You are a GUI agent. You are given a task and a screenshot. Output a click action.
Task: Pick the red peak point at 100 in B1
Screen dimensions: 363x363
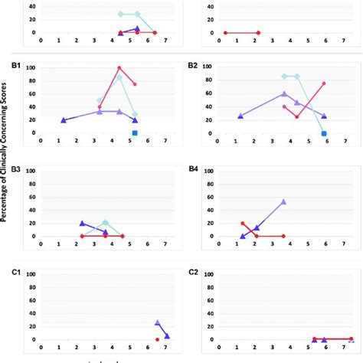pyautogui.click(x=119, y=68)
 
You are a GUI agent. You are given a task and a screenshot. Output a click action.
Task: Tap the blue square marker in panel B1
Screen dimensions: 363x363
pyautogui.click(x=135, y=132)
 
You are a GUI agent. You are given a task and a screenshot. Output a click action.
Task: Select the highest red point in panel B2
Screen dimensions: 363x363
pyautogui.click(x=324, y=83)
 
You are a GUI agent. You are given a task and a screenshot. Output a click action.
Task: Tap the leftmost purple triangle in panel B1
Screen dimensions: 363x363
pyautogui.click(x=64, y=120)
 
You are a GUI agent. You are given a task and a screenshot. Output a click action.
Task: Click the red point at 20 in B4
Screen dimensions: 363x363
pyautogui.click(x=243, y=224)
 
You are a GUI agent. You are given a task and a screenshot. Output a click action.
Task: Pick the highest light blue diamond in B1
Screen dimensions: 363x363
pyautogui.click(x=119, y=77)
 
